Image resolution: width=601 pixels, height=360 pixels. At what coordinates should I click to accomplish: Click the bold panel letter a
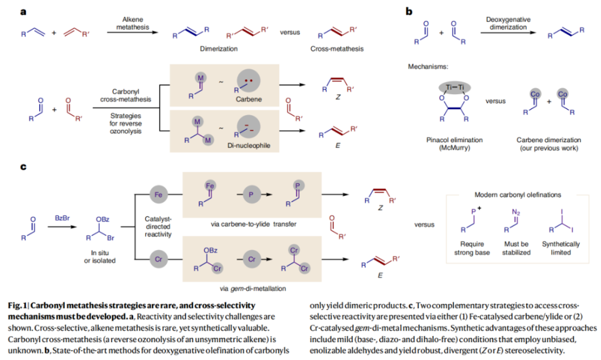pyautogui.click(x=22, y=11)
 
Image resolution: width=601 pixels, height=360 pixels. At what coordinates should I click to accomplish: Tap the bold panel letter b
pyautogui.click(x=409, y=11)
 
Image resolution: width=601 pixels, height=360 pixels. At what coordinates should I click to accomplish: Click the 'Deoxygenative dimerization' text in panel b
pyautogui.click(x=509, y=23)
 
